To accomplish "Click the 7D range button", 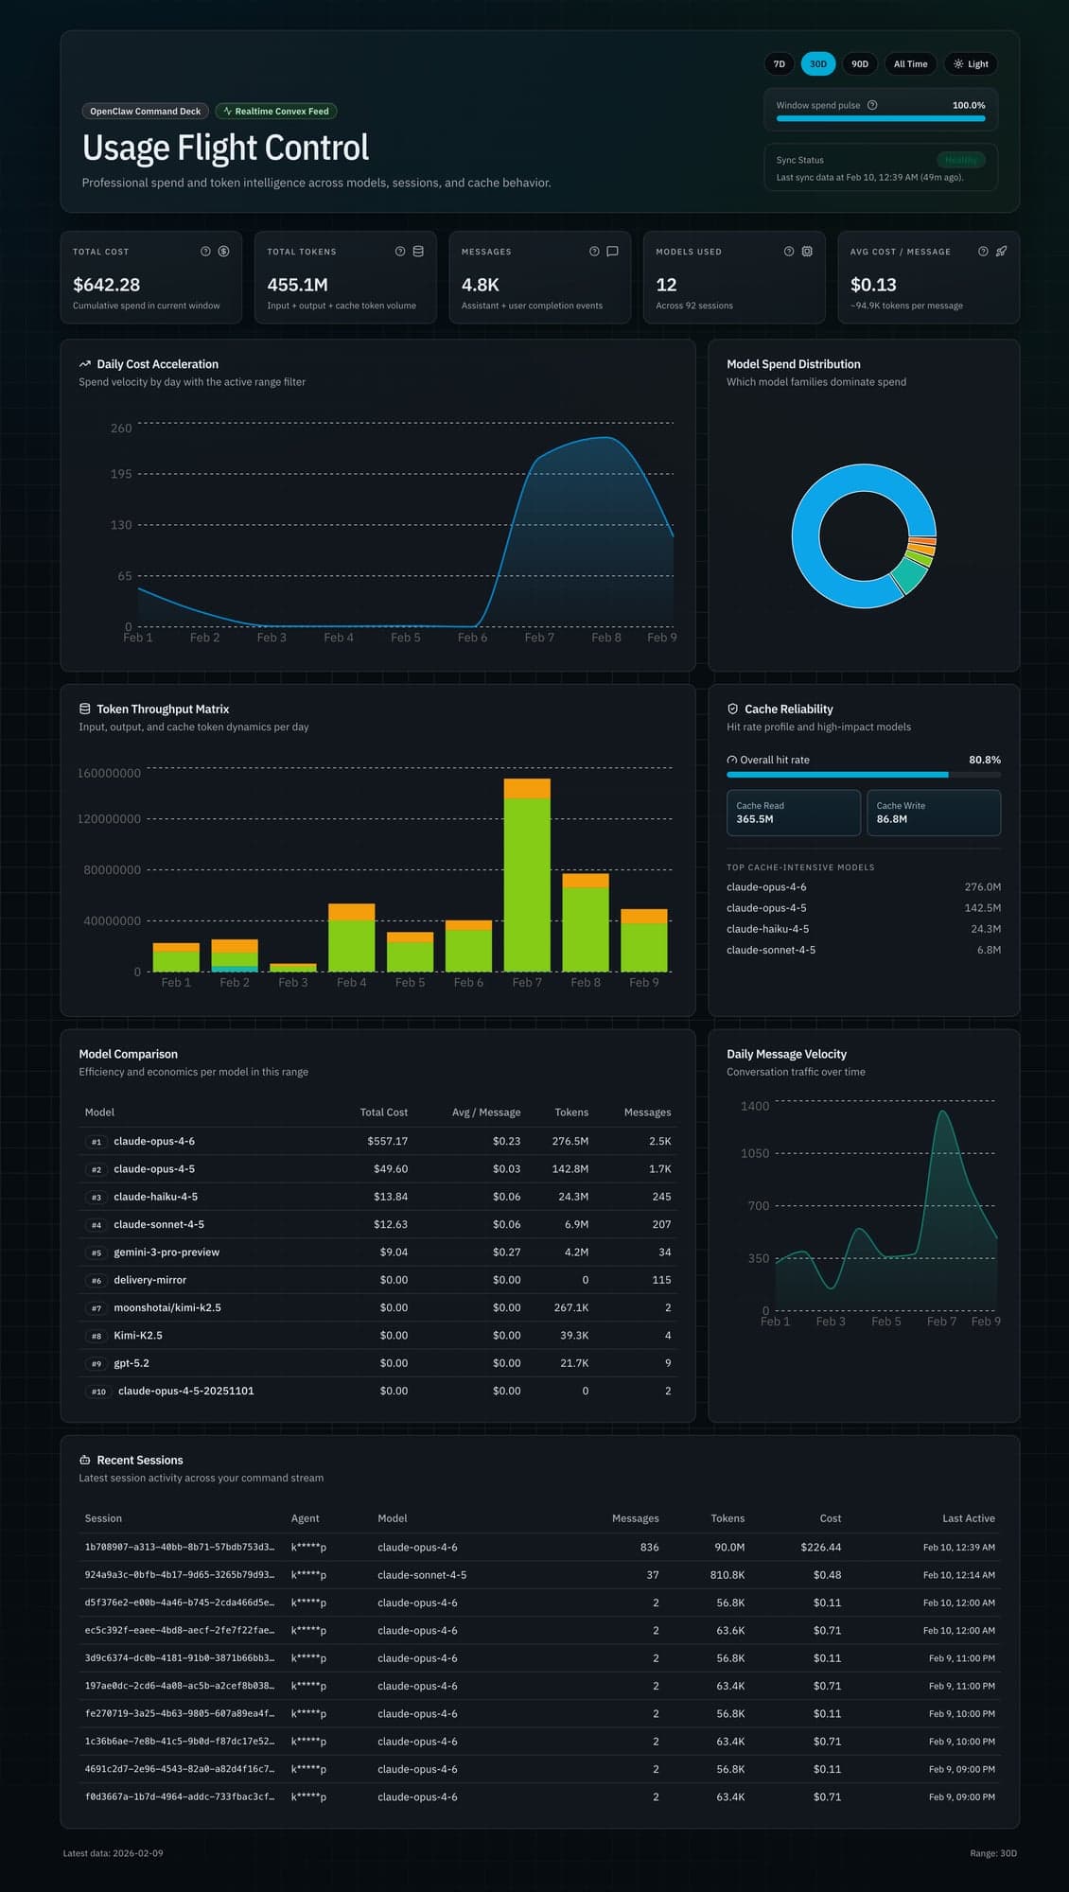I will coord(779,64).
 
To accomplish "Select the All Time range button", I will coord(910,64).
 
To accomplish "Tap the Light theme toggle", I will coord(971,64).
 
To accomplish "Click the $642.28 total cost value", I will coord(106,285).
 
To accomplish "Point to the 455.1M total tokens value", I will coord(297,285).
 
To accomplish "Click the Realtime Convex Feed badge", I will coord(276,112).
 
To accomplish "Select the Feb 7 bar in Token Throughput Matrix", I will coord(527,880).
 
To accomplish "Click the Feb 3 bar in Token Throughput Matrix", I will coord(293,968).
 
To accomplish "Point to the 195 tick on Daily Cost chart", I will coord(121,474).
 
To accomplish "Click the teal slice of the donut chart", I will coord(909,574).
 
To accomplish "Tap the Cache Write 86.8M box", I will coord(933,813).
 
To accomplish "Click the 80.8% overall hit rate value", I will coord(984,760).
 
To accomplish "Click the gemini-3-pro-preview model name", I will coord(166,1253).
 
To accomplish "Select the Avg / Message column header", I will coord(486,1112).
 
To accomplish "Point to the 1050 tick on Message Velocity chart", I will coord(755,1153).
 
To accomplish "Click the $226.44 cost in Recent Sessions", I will coord(820,1548).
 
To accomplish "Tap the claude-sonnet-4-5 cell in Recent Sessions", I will coord(422,1575).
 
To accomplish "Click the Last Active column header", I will coord(968,1518).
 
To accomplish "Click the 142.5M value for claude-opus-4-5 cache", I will coord(982,908).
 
